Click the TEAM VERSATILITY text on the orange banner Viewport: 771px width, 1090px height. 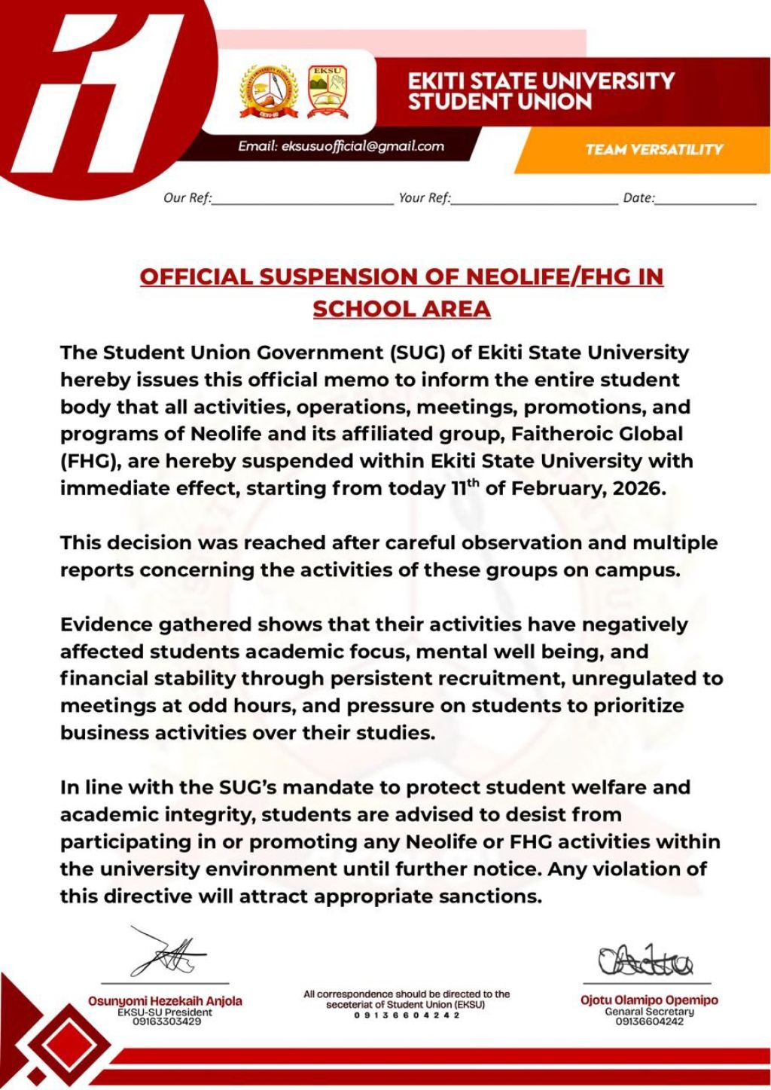pyautogui.click(x=654, y=149)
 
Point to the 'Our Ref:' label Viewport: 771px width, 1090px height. pyautogui.click(x=187, y=198)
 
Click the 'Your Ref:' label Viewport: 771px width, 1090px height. pyautogui.click(x=425, y=198)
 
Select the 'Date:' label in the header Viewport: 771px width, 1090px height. pyautogui.click(x=639, y=198)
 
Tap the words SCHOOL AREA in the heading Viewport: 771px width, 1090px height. pyautogui.click(x=401, y=309)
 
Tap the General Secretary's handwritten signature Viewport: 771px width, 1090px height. pyautogui.click(x=645, y=959)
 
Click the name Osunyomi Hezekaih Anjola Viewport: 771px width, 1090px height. pyautogui.click(x=165, y=1001)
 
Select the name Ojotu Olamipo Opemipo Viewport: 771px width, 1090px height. pyautogui.click(x=649, y=1000)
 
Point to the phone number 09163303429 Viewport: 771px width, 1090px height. pyautogui.click(x=165, y=1022)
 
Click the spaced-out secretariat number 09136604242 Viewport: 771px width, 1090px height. pyautogui.click(x=407, y=1015)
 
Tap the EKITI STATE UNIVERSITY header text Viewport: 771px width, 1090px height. pyautogui.click(x=541, y=81)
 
